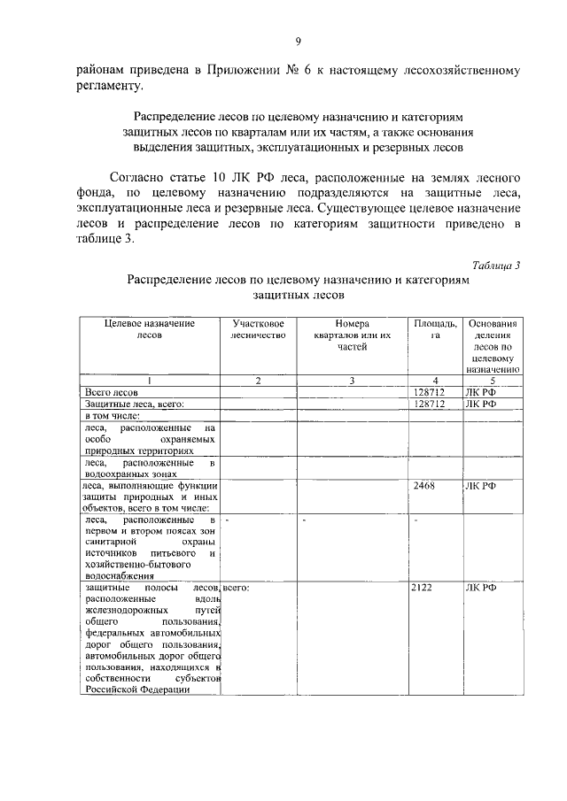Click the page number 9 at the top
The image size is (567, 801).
(x=298, y=40)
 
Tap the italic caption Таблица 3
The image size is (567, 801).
(x=496, y=265)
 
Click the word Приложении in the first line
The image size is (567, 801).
(x=264, y=69)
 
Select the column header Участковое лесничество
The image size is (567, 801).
(x=257, y=329)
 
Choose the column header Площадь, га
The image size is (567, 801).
(x=435, y=329)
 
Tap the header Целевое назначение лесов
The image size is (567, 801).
(x=149, y=329)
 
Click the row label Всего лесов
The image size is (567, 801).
(x=111, y=391)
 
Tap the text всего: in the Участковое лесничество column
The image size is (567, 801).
(x=237, y=587)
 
